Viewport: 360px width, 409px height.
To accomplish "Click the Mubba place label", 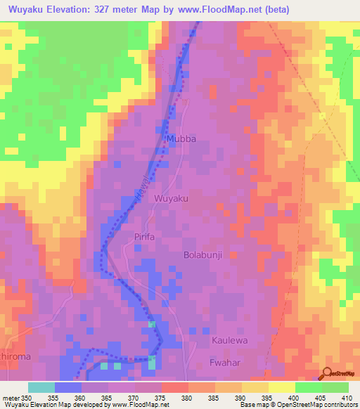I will tap(181, 139).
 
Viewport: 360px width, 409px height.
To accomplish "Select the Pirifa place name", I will tap(143, 238).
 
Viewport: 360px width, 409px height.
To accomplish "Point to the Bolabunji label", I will tap(202, 255).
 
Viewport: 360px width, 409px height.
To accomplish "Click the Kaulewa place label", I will tap(229, 340).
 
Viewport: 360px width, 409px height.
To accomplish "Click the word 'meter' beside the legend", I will tap(11, 397).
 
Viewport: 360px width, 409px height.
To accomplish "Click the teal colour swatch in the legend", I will tap(41, 387).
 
